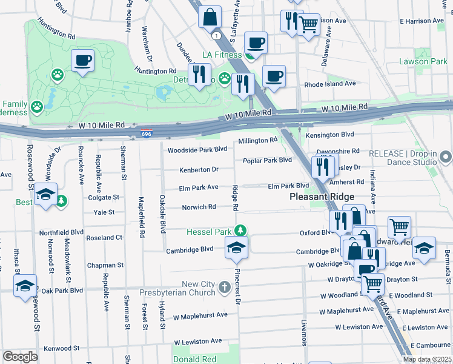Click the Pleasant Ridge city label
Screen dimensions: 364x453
(x=322, y=197)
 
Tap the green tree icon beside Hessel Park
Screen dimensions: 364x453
(x=241, y=231)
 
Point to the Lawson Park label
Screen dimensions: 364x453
(x=423, y=61)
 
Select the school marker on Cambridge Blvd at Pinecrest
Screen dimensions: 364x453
(x=236, y=246)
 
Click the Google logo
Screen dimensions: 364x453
(x=20, y=356)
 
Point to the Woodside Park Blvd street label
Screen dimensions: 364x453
(x=197, y=149)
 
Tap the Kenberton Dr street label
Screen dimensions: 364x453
(x=198, y=169)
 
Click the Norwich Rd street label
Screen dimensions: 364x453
(x=199, y=207)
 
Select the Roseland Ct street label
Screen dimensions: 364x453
(x=105, y=238)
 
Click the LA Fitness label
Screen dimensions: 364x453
(x=222, y=56)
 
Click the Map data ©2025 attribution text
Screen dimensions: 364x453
(x=427, y=359)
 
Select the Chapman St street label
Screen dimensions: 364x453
(x=105, y=265)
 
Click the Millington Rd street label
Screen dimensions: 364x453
(x=257, y=140)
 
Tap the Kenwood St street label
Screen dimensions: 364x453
(x=61, y=348)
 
